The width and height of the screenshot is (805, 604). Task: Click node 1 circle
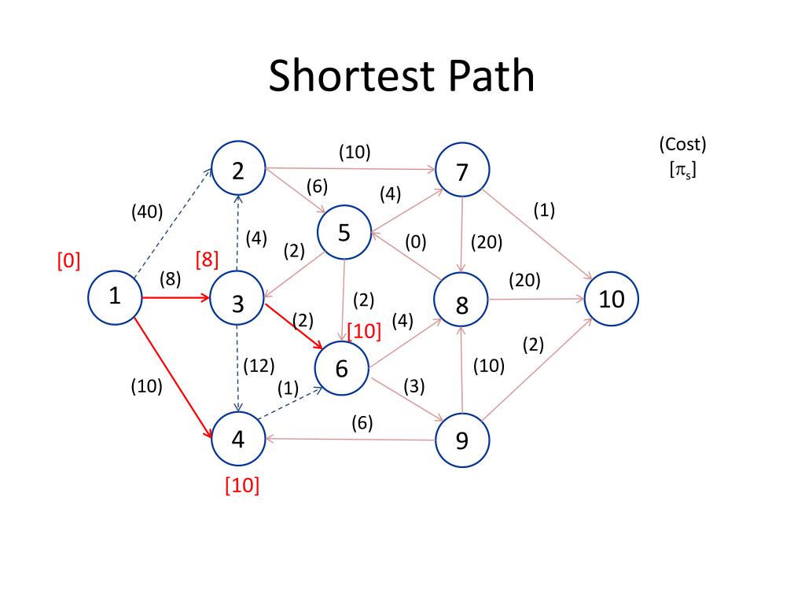coord(115,297)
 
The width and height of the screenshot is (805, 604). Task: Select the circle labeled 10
coord(612,299)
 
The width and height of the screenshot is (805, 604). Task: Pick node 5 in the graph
coord(344,234)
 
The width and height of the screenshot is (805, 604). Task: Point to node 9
coord(462,440)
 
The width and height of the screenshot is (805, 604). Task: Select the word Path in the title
coord(489,77)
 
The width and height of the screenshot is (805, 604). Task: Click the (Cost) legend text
coord(682,145)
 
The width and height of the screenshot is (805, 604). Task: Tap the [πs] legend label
coord(682,168)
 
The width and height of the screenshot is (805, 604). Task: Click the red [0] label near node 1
coord(68,260)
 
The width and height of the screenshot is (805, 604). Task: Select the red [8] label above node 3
coord(207,260)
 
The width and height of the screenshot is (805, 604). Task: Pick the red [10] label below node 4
coord(242,485)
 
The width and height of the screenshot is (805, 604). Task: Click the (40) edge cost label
coord(147,211)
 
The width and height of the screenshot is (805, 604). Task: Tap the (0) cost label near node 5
coord(416,242)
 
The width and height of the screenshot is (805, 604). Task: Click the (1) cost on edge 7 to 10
coord(544,211)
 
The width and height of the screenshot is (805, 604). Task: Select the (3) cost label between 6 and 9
coord(414,386)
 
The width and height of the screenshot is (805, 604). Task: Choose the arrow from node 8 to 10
coord(536,299)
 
